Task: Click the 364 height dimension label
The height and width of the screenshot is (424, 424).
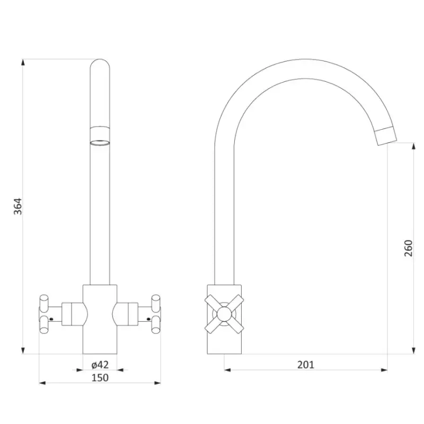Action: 18,206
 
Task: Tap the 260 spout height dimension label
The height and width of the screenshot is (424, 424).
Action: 408,248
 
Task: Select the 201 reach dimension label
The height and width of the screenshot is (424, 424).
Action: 306,365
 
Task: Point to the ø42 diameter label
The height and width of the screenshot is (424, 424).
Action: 100,365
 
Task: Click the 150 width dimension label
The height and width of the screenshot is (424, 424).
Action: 100,378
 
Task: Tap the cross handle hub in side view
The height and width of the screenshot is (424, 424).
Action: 224,314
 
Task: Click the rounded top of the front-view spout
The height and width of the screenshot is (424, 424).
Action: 100,64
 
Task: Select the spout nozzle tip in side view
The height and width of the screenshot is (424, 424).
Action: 386,136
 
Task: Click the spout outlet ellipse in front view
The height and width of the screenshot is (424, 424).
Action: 100,143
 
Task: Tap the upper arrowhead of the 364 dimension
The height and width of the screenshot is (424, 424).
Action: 23,62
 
